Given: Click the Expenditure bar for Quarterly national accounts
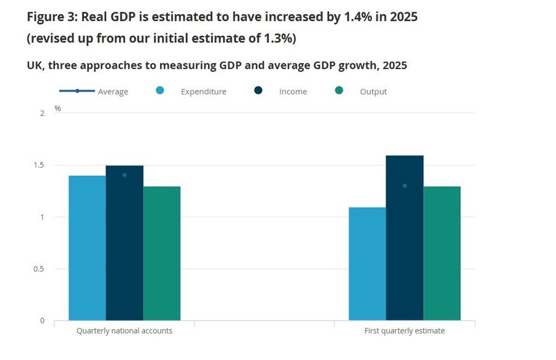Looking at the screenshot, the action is [87, 248].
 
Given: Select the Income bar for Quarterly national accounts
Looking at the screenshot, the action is [124, 243].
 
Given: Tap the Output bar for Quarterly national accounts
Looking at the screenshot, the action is [162, 253].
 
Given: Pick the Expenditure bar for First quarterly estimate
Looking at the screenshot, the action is [368, 264].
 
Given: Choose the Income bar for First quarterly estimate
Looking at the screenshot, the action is [405, 238].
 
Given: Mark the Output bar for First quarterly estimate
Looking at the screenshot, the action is [442, 253].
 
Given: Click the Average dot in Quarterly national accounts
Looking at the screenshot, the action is [124, 175].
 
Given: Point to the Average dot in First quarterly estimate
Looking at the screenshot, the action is [405, 186].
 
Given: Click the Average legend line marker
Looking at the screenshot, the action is [77, 91].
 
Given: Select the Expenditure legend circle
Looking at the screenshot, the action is [160, 90].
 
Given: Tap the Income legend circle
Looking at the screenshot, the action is [258, 90].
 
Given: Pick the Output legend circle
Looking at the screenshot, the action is [339, 90].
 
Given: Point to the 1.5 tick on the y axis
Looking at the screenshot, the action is [39, 165].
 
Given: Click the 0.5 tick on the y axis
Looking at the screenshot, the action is [39, 269].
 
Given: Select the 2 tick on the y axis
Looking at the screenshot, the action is [43, 114].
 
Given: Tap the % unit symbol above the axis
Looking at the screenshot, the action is [57, 109].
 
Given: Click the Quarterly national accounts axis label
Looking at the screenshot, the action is [124, 331].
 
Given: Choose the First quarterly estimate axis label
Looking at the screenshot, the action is [405, 331].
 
